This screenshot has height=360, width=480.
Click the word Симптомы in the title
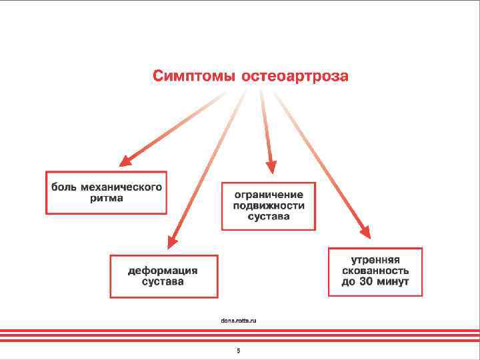pyautogui.click(x=194, y=75)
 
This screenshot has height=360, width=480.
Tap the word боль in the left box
pyautogui.click(x=65, y=187)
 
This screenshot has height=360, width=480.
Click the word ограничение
pyautogui.click(x=268, y=195)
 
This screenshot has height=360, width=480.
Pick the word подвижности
pyautogui.click(x=268, y=205)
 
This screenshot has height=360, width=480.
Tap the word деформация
pyautogui.click(x=163, y=271)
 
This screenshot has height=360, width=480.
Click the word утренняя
pyautogui.click(x=375, y=260)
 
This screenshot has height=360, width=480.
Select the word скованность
pyautogui.click(x=375, y=271)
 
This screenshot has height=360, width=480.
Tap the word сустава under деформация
pyautogui.click(x=163, y=282)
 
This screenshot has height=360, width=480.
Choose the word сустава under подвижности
pyautogui.click(x=268, y=217)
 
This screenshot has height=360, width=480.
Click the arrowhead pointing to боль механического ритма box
pyautogui.click(x=125, y=161)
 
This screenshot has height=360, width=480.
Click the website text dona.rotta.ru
pyautogui.click(x=238, y=321)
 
